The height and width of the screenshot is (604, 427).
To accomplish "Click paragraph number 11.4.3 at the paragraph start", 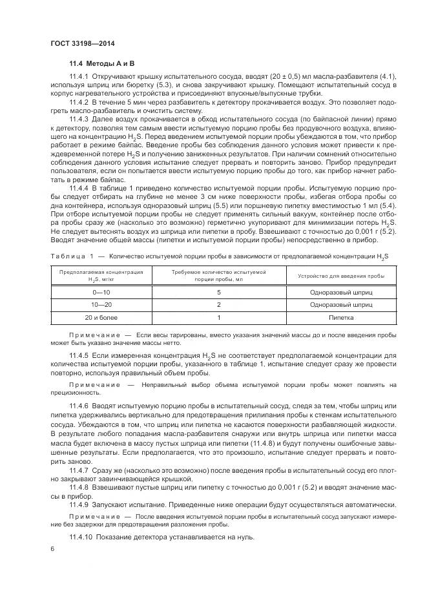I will pos(79,118).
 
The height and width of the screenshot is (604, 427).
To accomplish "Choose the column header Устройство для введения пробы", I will pos(341,275).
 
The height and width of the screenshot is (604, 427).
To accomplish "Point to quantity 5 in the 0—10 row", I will pos(219,292).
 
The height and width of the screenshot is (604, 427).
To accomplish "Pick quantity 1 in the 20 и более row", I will pos(219,317).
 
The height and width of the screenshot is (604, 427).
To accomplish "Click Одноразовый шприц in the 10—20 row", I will pos(341,304).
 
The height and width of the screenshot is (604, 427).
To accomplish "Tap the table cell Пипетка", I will pos(341,317).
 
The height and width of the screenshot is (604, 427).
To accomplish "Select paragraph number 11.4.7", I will pos(79,471).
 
